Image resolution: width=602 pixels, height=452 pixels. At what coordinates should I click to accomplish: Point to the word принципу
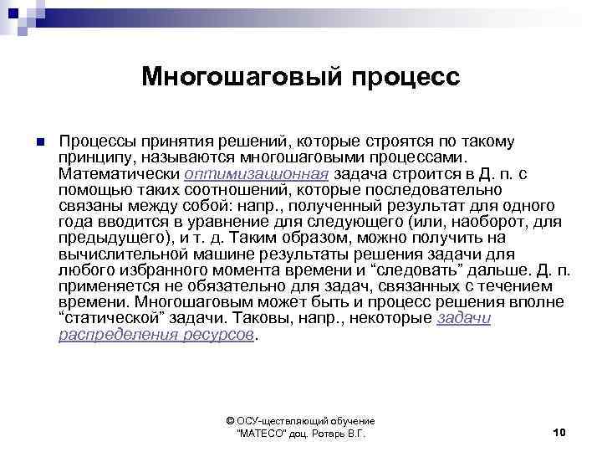pos(97,157)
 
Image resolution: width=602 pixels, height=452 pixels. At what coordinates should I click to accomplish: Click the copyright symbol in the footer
pos(232,421)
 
